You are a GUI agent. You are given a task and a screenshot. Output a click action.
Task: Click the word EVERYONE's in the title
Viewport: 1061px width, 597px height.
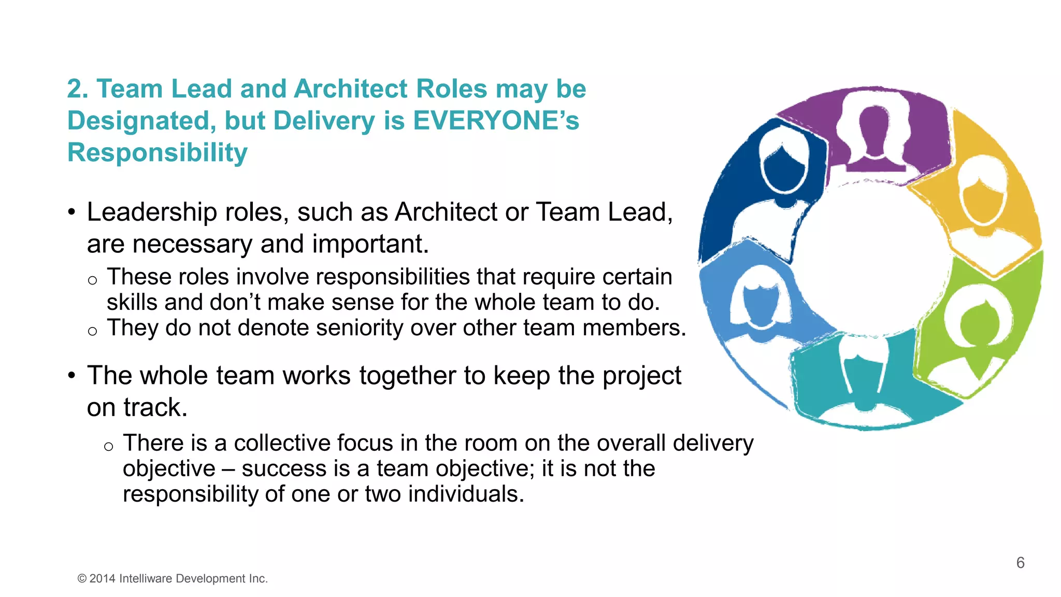(x=496, y=121)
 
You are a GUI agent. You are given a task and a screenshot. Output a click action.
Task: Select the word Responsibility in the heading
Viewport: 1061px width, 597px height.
(x=157, y=153)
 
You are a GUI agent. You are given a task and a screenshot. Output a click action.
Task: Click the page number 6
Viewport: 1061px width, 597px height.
(x=1020, y=563)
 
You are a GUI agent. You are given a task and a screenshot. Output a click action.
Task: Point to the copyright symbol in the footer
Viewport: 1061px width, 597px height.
(x=82, y=579)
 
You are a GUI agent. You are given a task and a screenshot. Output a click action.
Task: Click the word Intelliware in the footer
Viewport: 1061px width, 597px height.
(x=146, y=579)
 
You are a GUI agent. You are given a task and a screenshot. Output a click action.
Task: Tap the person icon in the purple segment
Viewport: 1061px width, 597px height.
(x=874, y=135)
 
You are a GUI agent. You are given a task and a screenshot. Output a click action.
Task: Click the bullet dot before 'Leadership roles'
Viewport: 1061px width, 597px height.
(x=72, y=212)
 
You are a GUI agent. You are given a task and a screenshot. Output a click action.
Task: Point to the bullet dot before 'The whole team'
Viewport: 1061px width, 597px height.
(x=72, y=376)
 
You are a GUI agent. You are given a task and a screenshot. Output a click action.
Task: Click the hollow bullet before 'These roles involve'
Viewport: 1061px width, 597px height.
(x=92, y=280)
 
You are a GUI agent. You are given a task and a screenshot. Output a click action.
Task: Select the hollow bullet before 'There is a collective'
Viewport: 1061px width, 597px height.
(x=108, y=447)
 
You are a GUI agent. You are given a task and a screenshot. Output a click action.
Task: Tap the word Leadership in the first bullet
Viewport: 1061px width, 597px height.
(x=152, y=212)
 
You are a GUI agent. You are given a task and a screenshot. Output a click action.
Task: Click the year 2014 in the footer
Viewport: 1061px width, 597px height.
(x=103, y=579)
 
